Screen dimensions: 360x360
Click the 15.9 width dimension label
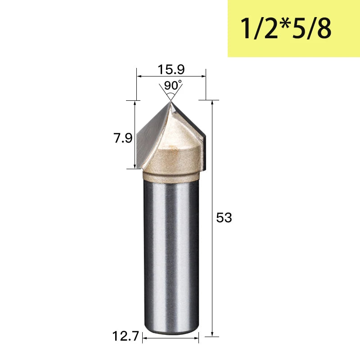pos(171,69)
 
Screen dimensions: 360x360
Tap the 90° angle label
pos(173,85)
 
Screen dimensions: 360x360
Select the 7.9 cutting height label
pos(123,138)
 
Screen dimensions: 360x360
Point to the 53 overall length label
pos(224,217)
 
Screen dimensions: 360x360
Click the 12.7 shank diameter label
pos(126,336)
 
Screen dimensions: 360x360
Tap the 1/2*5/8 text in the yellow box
pos(286,28)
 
